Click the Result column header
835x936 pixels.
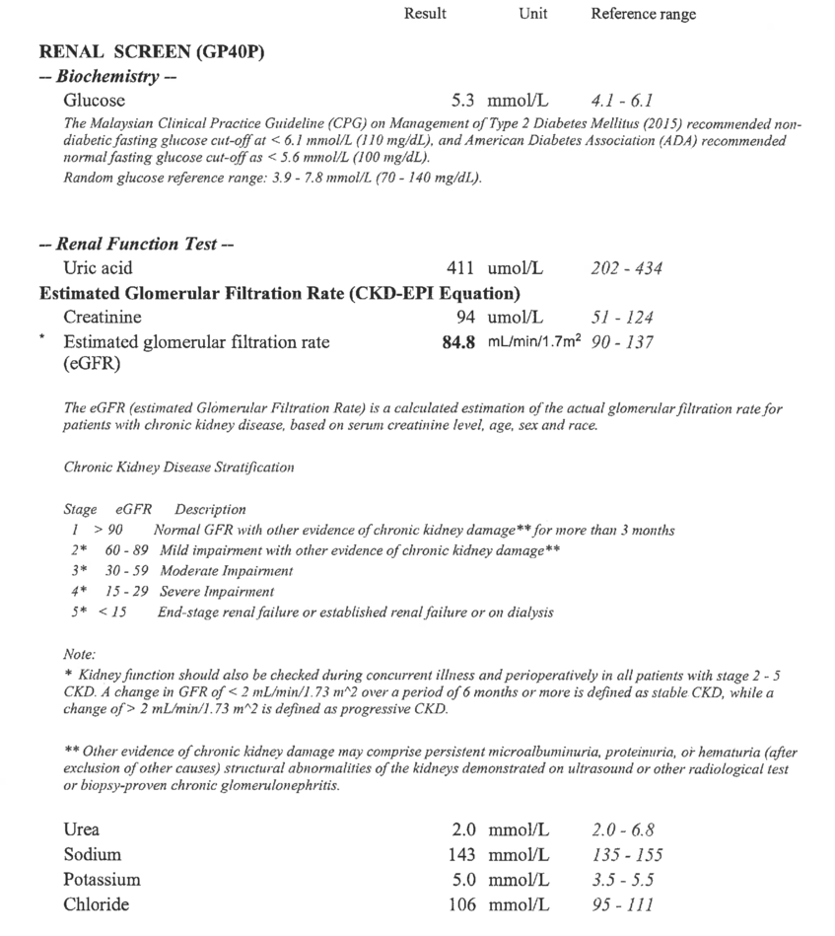[x=425, y=14]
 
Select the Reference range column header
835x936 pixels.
[x=643, y=14]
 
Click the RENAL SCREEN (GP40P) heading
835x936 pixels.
[x=152, y=53]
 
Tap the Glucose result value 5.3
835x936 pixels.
[x=462, y=100]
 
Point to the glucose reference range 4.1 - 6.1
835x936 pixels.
[x=622, y=100]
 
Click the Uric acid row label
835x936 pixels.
[x=98, y=267]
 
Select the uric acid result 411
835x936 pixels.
[x=460, y=267]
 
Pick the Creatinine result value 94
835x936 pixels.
[x=465, y=317]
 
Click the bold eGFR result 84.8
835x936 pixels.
[x=458, y=342]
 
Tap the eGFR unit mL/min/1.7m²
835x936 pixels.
[x=534, y=342]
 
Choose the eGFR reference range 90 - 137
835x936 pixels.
[x=622, y=342]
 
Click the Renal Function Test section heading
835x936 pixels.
[x=136, y=244]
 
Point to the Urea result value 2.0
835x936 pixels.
[x=462, y=829]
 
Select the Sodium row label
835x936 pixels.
[x=92, y=854]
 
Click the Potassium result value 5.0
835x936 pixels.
[x=462, y=879]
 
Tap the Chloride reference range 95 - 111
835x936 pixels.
[x=622, y=904]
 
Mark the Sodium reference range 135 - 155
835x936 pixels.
[x=627, y=854]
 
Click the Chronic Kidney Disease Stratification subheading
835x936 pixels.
[x=178, y=467]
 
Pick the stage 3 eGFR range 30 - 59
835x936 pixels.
[x=125, y=571]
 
